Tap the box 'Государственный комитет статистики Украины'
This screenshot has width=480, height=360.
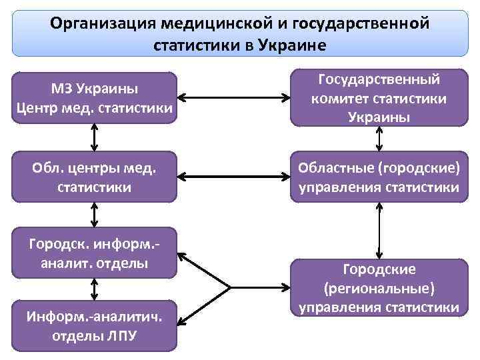(x=379, y=98)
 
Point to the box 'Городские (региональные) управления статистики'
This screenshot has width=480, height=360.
(x=379, y=288)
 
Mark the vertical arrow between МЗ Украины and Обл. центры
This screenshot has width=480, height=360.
(x=94, y=138)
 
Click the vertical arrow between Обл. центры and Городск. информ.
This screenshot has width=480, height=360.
(x=94, y=215)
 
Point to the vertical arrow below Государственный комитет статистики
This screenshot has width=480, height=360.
(x=379, y=139)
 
